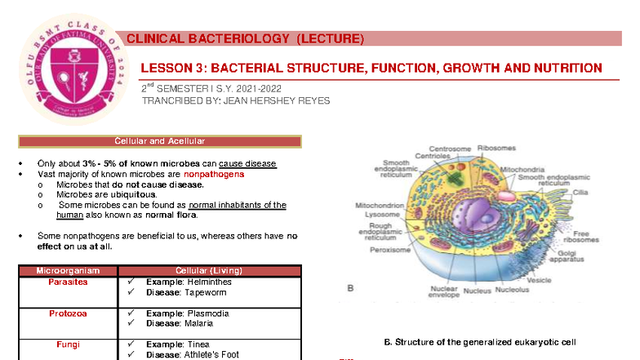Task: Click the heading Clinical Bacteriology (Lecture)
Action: (245, 39)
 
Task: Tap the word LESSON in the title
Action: (167, 69)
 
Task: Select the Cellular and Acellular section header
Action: (160, 141)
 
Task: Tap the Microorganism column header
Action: (68, 270)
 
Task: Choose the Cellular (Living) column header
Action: (209, 270)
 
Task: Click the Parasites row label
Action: (68, 282)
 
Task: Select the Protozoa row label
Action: (68, 313)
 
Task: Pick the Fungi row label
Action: (68, 344)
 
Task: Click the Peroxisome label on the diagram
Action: (389, 250)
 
